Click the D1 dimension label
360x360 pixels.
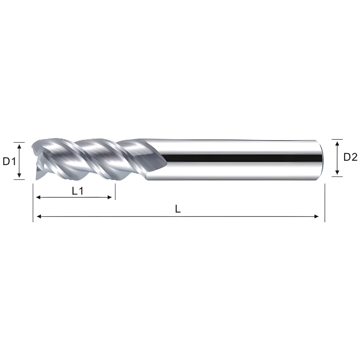click(x=9, y=162)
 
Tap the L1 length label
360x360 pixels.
click(x=78, y=191)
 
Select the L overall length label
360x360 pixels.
click(x=178, y=209)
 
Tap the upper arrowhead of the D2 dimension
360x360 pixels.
click(x=337, y=144)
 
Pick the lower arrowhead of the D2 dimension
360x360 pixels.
click(x=337, y=172)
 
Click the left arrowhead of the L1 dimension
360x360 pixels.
click(x=39, y=197)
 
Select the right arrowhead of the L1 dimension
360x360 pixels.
click(x=109, y=197)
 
